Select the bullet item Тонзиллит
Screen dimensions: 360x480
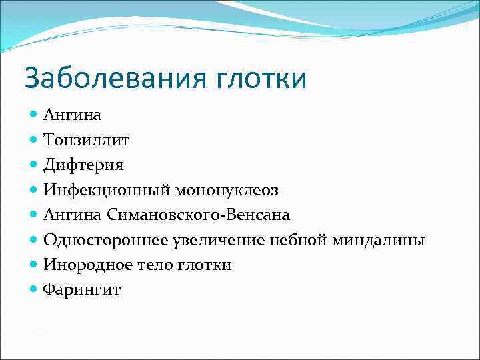pos(87,140)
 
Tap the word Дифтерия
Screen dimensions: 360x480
pos(83,165)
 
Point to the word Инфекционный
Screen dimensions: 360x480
pos(107,190)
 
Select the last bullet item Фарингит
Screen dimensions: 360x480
pos(82,290)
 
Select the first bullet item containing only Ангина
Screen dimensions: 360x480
pos(72,115)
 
